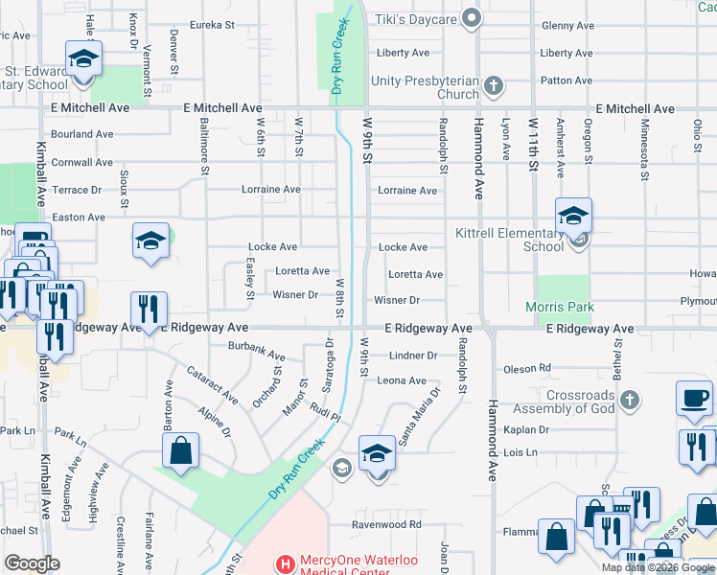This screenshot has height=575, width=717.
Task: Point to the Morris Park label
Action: point(560,308)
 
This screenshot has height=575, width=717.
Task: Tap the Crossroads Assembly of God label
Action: point(580,402)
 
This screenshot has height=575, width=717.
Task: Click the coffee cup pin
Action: point(694,398)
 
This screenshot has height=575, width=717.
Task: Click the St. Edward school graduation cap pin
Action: point(83,59)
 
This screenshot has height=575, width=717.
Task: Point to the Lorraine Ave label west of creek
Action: point(271,190)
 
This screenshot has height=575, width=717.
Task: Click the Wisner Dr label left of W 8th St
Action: point(295,295)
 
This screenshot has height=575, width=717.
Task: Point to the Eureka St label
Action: point(212,25)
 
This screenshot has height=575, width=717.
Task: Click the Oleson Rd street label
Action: point(525,367)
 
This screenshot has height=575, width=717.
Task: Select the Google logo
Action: point(32,563)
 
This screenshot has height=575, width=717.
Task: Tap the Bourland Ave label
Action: point(83,134)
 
